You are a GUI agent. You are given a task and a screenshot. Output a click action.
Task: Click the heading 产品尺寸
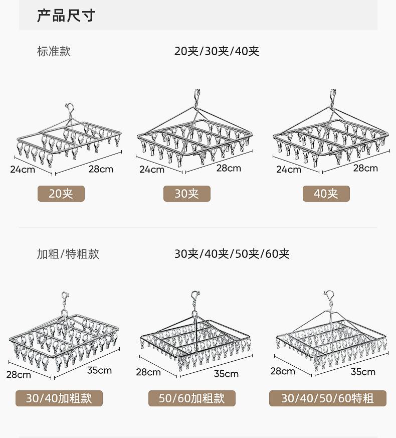(x=66, y=15)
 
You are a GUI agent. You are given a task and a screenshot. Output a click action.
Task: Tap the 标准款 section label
(x=54, y=51)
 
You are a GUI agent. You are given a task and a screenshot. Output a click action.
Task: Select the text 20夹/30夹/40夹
(x=217, y=51)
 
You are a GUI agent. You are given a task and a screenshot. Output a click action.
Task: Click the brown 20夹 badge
(x=61, y=194)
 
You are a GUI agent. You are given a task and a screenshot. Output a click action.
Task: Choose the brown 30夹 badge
(x=187, y=194)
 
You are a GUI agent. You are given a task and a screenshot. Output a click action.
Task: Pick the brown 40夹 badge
(x=326, y=194)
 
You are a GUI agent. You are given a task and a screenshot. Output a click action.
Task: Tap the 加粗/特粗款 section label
(x=68, y=254)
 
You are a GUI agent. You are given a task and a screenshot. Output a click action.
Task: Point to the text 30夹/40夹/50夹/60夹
(x=232, y=254)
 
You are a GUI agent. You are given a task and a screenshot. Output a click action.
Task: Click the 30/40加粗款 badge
(x=59, y=398)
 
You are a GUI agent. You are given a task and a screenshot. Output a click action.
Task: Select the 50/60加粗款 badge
(x=192, y=398)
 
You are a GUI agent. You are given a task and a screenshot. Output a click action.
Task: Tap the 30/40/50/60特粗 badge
(x=327, y=398)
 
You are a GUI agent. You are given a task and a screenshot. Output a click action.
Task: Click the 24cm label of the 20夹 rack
(x=23, y=169)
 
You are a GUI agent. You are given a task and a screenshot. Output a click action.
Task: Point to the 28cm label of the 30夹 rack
(x=229, y=168)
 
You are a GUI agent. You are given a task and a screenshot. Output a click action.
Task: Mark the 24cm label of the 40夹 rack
(x=289, y=170)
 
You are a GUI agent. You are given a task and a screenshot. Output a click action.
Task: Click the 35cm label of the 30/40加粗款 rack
(x=99, y=371)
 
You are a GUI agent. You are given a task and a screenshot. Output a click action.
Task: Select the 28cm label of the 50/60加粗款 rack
(x=148, y=372)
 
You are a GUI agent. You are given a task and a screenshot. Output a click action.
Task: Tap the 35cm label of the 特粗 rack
(x=363, y=372)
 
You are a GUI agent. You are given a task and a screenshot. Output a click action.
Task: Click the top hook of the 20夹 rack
(x=70, y=107)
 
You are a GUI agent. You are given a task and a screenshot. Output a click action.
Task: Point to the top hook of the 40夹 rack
(x=333, y=94)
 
